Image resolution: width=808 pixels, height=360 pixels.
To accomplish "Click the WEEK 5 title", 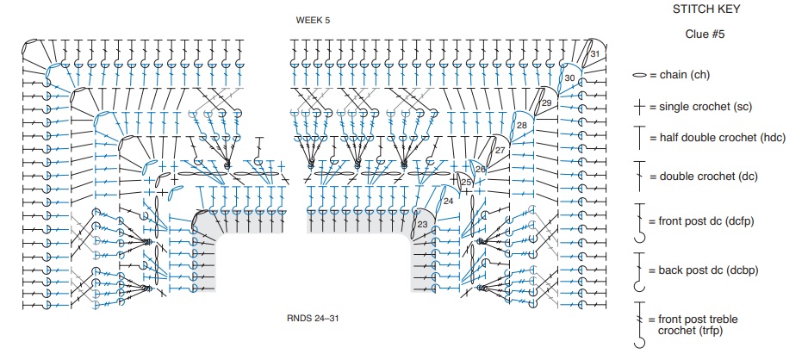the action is coord(313,21).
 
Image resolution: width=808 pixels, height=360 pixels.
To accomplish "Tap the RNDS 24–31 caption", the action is coord(313,318).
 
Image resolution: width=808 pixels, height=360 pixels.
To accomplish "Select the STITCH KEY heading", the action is coord(706,9).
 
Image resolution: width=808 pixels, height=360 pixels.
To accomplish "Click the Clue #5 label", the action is coord(705,34).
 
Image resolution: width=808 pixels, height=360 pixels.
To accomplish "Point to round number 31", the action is coord(595,53).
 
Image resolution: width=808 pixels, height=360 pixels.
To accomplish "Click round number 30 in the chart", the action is coord(569,78).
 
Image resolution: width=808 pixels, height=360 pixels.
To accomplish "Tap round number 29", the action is coord(547,102).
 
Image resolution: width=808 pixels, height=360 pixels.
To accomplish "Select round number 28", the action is coord(522,125).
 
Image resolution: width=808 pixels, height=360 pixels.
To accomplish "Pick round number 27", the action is coord(500,151).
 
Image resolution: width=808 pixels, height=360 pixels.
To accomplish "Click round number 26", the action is coord(481,169).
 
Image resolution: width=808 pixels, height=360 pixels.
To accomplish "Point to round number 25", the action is coord(466,182).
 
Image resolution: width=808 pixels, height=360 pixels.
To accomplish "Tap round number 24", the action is coord(448,201).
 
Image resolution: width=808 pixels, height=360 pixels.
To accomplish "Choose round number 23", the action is coord(423,224).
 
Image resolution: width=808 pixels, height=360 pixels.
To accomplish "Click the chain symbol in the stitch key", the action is coord(639,75).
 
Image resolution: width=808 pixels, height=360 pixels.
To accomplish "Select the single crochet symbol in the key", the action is coord(639,107).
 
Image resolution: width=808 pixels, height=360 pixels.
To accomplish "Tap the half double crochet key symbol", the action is coord(639,138).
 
